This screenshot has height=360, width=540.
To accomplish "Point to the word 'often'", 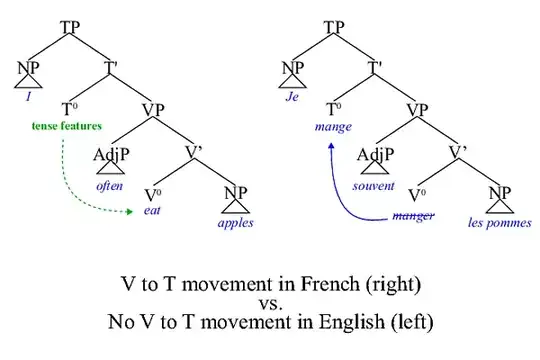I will point(109,186).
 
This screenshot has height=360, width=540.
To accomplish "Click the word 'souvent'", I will point(374,186).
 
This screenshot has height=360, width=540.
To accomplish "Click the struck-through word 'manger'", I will point(414,215).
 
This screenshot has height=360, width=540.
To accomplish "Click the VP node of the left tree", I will point(153,110).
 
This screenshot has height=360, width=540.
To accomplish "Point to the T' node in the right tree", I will point(376,67).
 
